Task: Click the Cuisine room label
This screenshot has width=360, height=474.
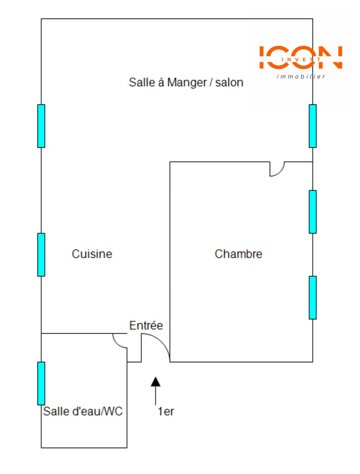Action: pyautogui.click(x=92, y=254)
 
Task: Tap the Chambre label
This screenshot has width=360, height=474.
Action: pyautogui.click(x=238, y=254)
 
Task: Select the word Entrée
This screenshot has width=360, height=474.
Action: pyautogui.click(x=146, y=326)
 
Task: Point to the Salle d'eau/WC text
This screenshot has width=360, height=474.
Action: pyautogui.click(x=83, y=411)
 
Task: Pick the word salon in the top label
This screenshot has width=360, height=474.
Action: pyautogui.click(x=229, y=82)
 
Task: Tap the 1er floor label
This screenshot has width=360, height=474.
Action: pyautogui.click(x=166, y=412)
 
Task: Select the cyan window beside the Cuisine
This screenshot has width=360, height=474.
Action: pyautogui.click(x=41, y=254)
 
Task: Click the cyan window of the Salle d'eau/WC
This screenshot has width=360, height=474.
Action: pyautogui.click(x=41, y=383)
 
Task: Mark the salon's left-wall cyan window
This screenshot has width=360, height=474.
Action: pyautogui.click(x=41, y=126)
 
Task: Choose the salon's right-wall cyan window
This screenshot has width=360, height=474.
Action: pyautogui.click(x=312, y=126)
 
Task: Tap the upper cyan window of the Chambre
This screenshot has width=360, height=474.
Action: pyautogui.click(x=312, y=211)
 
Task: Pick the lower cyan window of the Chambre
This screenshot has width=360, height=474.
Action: pyautogui.click(x=312, y=297)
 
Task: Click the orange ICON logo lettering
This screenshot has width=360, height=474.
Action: pyautogui.click(x=301, y=57)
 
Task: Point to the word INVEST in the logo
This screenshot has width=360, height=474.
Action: pyautogui.click(x=301, y=60)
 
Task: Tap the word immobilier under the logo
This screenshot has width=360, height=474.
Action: pyautogui.click(x=301, y=76)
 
